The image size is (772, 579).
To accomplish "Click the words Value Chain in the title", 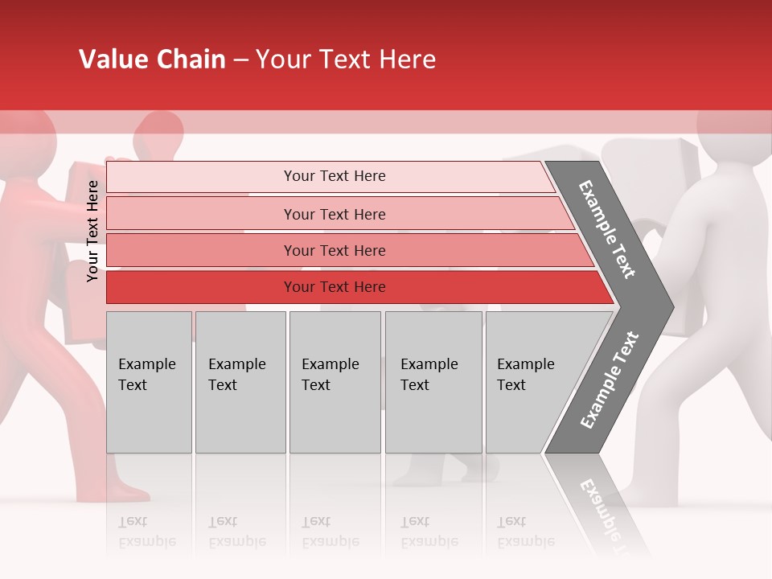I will (x=152, y=60).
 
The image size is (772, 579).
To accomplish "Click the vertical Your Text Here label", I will (x=92, y=231).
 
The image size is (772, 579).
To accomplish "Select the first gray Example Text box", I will (x=149, y=382).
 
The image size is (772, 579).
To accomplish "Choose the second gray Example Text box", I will (x=240, y=382).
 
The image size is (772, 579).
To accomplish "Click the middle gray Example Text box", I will (x=335, y=382).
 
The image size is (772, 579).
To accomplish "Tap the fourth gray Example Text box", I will (x=433, y=382).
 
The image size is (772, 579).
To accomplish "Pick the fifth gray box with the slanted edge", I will (x=531, y=382).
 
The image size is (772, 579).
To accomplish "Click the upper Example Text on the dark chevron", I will (x=607, y=229).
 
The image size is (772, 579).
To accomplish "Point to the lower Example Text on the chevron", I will (x=609, y=380).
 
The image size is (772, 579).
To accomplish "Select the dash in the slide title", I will (x=240, y=60).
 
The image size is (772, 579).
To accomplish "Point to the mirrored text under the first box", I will (x=147, y=532).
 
